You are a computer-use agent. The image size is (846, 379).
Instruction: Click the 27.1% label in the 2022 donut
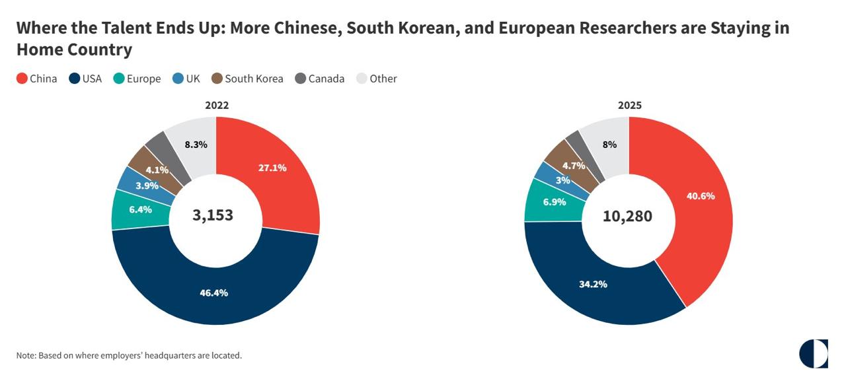pyautogui.click(x=272, y=168)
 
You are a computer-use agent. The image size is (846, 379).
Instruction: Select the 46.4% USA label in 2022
pyautogui.click(x=213, y=293)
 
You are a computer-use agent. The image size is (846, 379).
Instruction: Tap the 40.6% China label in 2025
pyautogui.click(x=701, y=196)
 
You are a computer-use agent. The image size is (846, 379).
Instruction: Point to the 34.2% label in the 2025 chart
pyautogui.click(x=593, y=284)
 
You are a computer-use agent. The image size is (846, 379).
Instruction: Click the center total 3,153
pyautogui.click(x=213, y=215)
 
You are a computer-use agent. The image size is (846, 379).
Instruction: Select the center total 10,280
pyautogui.click(x=627, y=217)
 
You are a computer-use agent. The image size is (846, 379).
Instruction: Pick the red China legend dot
pyautogui.click(x=22, y=79)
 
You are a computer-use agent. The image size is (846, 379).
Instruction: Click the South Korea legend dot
pyautogui.click(x=217, y=79)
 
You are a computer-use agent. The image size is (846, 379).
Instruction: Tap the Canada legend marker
pyautogui.click(x=300, y=79)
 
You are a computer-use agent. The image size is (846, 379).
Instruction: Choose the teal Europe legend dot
pyautogui.click(x=118, y=79)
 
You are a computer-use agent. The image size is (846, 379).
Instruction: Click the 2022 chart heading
pyautogui.click(x=217, y=106)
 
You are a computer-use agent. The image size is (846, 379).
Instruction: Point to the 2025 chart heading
pyautogui.click(x=630, y=106)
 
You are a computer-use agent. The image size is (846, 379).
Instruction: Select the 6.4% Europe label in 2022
pyautogui.click(x=141, y=209)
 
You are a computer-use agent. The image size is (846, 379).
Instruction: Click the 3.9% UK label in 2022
pyautogui.click(x=147, y=186)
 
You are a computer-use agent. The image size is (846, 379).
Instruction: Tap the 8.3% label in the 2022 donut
pyautogui.click(x=196, y=145)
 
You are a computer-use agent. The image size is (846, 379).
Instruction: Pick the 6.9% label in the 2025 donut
pyautogui.click(x=555, y=202)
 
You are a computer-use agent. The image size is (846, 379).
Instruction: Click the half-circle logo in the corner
pyautogui.click(x=814, y=354)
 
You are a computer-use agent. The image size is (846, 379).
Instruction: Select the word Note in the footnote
pyautogui.click(x=26, y=356)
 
